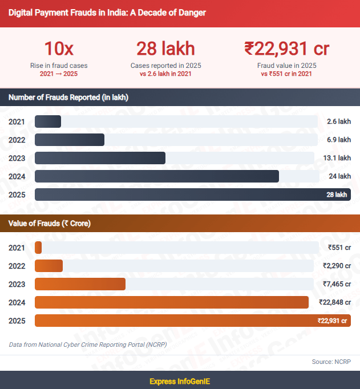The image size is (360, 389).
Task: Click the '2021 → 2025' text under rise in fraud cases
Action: coord(59,74)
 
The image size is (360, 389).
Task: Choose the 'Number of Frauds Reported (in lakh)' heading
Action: coord(68,98)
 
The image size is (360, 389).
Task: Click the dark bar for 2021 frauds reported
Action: coord(48,121)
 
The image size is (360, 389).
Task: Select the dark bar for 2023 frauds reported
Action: coord(100,158)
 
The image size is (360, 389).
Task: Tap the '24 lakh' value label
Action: coord(339,176)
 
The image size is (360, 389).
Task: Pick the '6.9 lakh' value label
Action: coord(339,140)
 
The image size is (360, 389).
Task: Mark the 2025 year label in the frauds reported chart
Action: coord(17,195)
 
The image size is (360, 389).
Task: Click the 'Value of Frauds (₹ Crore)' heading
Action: coord(50,224)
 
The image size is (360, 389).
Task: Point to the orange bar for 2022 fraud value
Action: coord(48,266)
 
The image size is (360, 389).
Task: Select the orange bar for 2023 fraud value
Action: coord(80,284)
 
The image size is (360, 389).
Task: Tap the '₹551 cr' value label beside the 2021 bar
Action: coord(339,248)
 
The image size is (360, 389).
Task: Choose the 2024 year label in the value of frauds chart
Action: coord(17,302)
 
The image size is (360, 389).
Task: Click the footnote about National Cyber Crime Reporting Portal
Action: coord(88,345)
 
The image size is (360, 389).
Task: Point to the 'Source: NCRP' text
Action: coord(330,362)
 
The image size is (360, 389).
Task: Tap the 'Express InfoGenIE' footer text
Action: coord(180,380)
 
